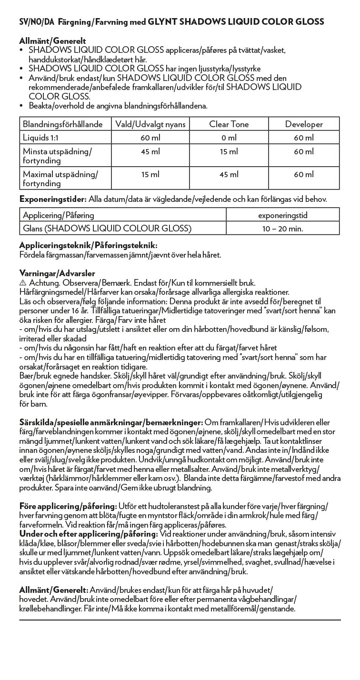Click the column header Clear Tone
click(x=229, y=124)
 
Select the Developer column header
click(x=304, y=124)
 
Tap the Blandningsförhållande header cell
click(x=63, y=124)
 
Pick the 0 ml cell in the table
click(x=229, y=138)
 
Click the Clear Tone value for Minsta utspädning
click(x=229, y=151)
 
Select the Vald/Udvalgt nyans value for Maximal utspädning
click(x=150, y=174)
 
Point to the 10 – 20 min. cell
click(x=282, y=229)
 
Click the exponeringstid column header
click(x=282, y=215)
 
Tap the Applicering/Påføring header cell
click(x=59, y=215)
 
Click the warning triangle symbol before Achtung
click(x=22, y=283)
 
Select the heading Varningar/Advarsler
click(x=57, y=273)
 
